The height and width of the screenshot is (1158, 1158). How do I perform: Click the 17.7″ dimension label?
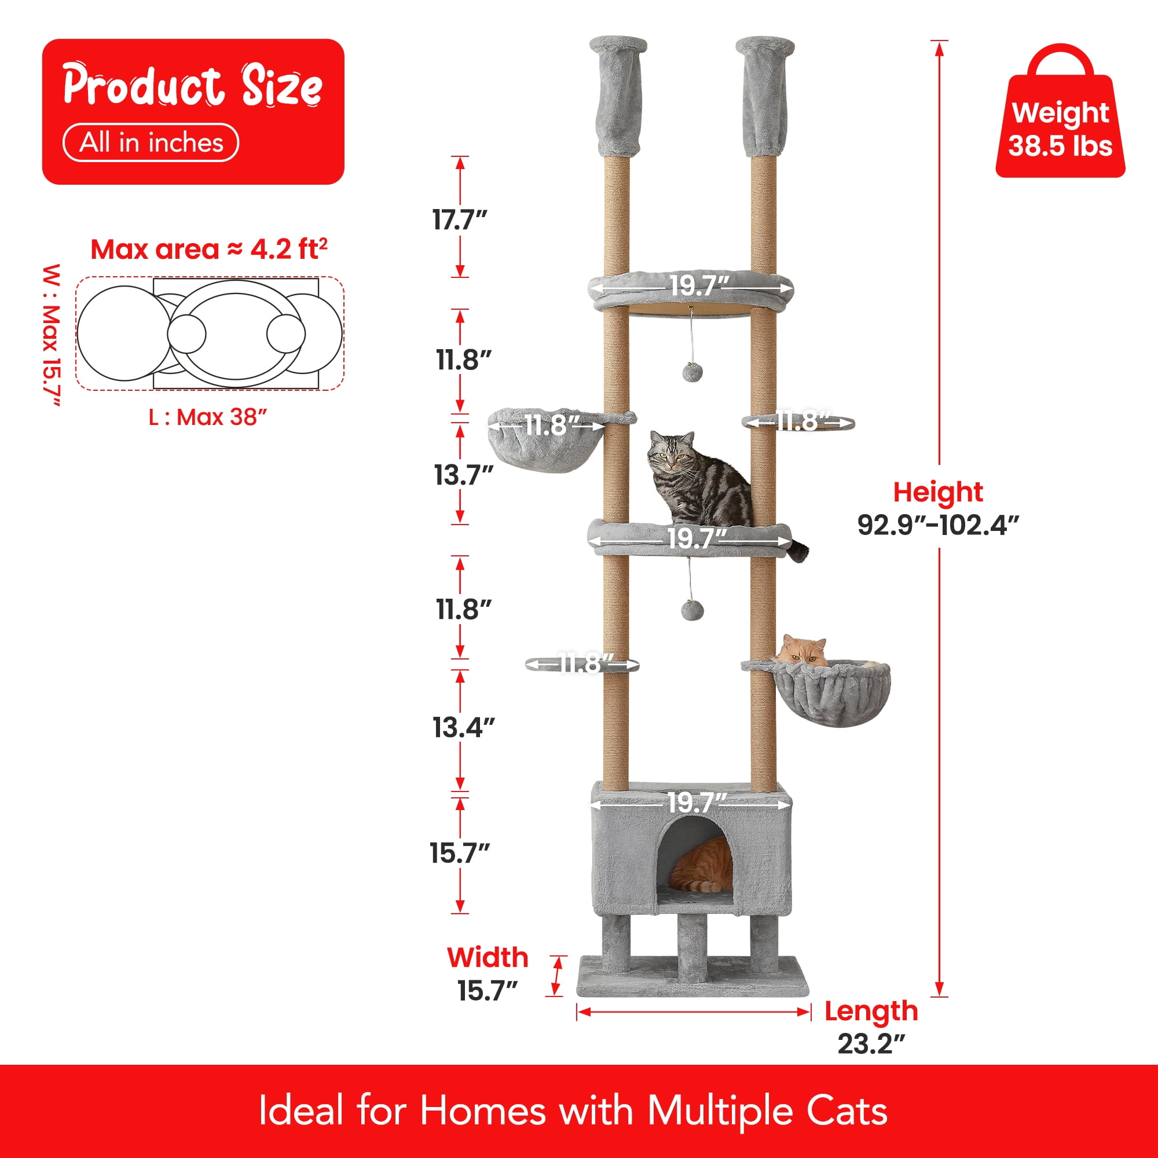(460, 220)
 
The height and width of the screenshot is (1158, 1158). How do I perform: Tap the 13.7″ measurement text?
(463, 475)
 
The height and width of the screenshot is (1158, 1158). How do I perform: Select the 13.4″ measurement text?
(464, 727)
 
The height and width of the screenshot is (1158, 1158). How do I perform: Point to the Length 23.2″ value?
(871, 1043)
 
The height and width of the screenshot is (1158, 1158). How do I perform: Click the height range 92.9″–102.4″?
(938, 525)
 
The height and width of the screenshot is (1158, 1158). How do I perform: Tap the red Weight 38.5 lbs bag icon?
(1060, 112)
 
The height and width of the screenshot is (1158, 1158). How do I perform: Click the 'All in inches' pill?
(151, 142)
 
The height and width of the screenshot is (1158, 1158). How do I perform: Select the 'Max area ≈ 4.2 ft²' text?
(209, 249)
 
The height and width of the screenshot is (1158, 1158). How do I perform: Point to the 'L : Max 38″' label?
(208, 416)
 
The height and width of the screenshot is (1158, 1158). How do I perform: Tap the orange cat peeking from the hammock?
(801, 652)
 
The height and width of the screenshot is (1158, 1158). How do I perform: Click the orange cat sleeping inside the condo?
(702, 865)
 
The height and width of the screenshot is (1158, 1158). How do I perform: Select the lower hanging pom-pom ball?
(692, 611)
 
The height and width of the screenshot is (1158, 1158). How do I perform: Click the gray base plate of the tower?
(693, 977)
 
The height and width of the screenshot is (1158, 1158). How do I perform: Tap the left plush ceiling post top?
(618, 96)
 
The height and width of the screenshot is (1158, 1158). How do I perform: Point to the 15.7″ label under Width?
(488, 991)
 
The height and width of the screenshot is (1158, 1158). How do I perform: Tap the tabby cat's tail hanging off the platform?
(798, 549)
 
